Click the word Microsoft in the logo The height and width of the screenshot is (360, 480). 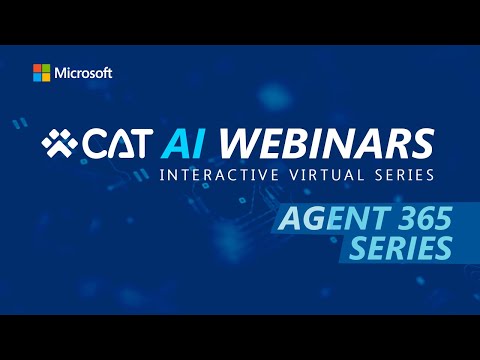pos(83,73)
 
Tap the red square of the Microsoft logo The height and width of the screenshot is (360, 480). pos(37,69)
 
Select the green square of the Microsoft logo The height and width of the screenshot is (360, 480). pos(46,69)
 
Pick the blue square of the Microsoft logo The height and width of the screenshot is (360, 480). pos(37,78)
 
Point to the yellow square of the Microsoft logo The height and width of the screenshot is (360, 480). pos(46,78)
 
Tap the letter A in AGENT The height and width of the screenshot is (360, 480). pos(288,217)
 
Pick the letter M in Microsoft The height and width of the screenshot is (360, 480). pos(63,73)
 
